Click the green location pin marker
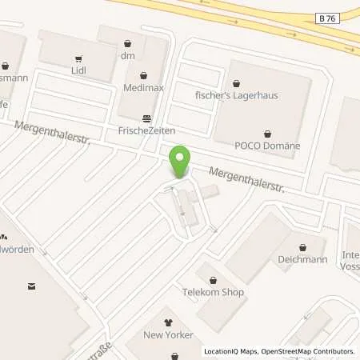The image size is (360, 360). click(182, 162)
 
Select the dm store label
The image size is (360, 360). click(126, 56)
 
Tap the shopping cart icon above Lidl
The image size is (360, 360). click(78, 58)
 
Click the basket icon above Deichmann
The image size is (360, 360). click(302, 247)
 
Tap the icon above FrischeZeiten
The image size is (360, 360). click(144, 117)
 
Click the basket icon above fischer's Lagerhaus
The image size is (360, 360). click(235, 82)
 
